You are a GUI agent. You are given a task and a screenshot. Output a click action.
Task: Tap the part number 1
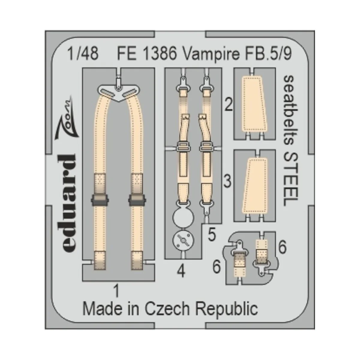tap(117, 290)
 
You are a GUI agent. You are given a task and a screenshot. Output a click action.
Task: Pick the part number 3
tap(228, 181)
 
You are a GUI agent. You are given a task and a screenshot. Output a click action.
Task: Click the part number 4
tap(181, 272)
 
